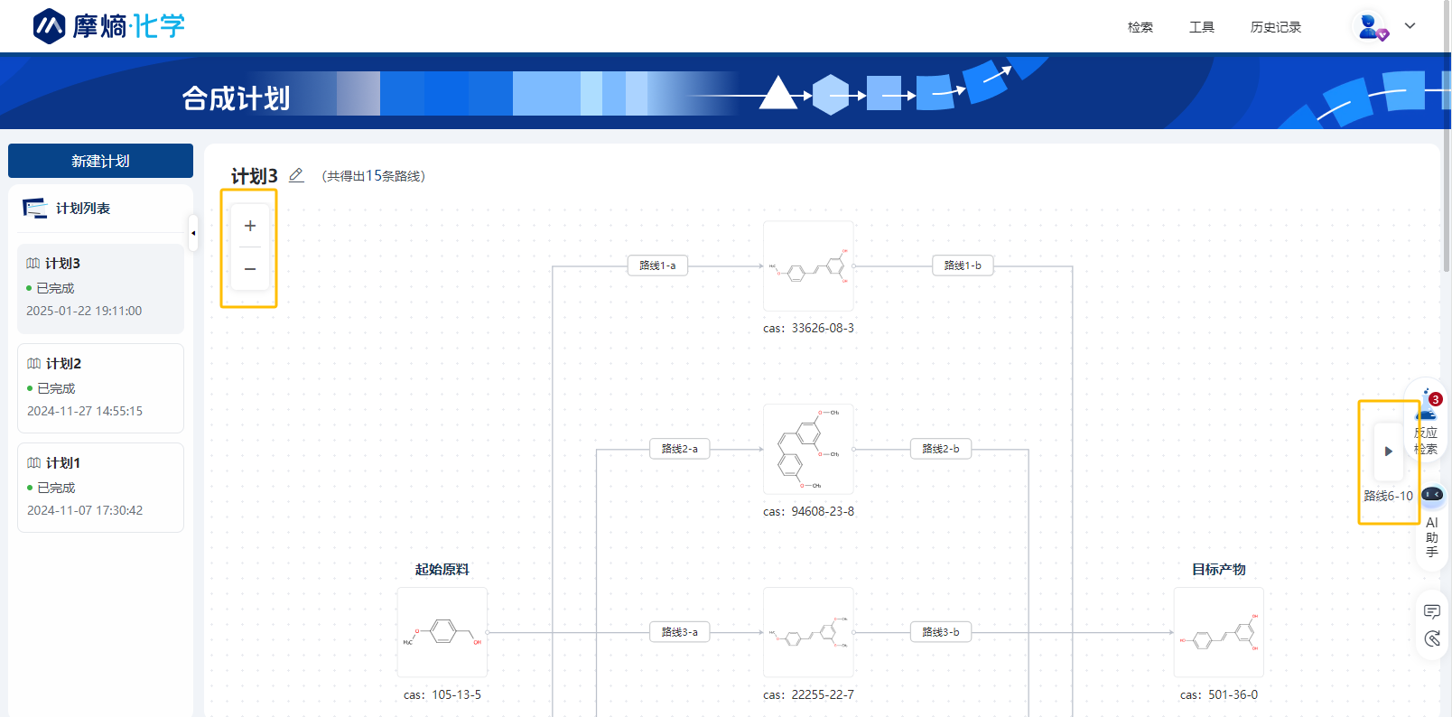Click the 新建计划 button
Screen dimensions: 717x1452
[x=100, y=161]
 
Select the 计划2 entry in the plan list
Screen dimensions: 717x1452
[x=100, y=387]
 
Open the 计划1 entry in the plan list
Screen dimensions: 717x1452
[x=100, y=487]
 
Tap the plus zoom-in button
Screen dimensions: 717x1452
[x=250, y=226]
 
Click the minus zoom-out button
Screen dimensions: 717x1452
[x=250, y=268]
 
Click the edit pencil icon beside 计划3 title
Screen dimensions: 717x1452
[x=296, y=175]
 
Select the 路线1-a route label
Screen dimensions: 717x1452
[x=657, y=265]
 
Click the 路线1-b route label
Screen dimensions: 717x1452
[x=963, y=265]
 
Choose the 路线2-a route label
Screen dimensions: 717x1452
[x=679, y=449]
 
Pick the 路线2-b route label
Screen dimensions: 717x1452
[x=941, y=449]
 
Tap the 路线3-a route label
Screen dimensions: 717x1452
[x=679, y=632]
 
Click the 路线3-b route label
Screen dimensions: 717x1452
[x=941, y=632]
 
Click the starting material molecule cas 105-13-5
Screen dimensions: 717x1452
[x=442, y=632]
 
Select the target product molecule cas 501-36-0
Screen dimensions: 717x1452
[x=1218, y=632]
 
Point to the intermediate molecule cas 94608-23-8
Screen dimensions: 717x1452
[x=808, y=449]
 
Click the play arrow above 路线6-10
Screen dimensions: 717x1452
[x=1389, y=452]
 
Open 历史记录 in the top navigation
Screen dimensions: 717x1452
[x=1275, y=27]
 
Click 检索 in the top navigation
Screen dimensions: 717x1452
[x=1140, y=27]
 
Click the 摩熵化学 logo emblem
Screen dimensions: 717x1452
[x=49, y=26]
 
